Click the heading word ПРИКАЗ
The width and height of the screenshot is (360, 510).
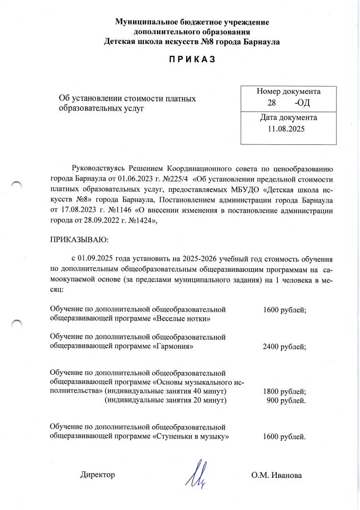[x=192, y=60]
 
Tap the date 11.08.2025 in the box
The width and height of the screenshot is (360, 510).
[x=286, y=129]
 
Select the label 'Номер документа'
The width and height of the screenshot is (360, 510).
[x=289, y=92]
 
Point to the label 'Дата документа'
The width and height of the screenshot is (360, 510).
[x=289, y=117]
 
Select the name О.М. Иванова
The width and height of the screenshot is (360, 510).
[x=276, y=475]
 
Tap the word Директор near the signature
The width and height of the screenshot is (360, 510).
[x=98, y=475]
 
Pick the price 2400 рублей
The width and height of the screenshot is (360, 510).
[x=284, y=347]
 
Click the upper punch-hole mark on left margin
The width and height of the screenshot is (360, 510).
[x=17, y=185]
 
